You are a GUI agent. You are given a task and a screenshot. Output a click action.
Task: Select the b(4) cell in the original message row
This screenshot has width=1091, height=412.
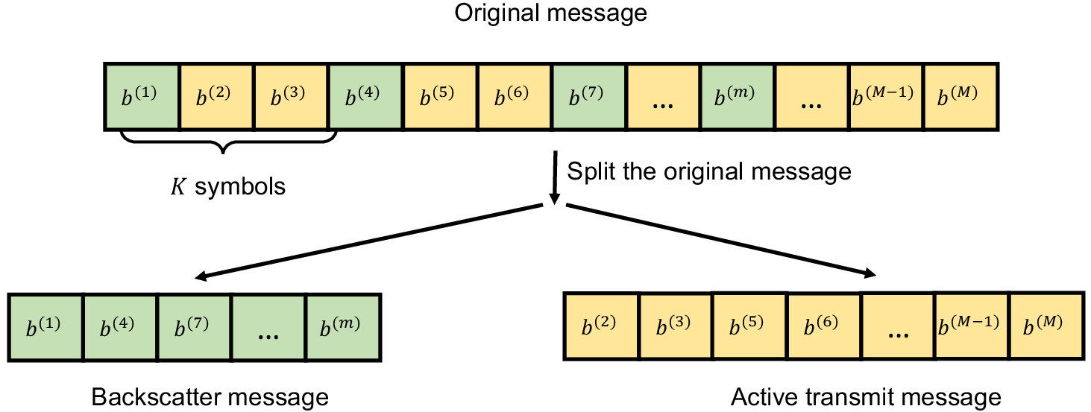point(365,97)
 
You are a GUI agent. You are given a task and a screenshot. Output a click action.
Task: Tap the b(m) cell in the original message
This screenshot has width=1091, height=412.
point(738,97)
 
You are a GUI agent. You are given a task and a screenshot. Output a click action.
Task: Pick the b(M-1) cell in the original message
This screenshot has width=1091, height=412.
point(886,97)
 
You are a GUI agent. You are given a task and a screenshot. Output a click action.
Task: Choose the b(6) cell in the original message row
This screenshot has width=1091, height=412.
point(515,97)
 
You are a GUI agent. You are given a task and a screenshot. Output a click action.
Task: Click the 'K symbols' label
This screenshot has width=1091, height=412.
point(228,186)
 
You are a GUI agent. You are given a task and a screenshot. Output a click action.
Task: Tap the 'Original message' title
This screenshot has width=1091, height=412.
point(550,13)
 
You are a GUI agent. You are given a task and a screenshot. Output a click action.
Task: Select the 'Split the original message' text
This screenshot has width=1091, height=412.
point(709,171)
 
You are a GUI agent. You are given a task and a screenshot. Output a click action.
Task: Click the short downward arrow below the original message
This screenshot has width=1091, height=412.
point(555,177)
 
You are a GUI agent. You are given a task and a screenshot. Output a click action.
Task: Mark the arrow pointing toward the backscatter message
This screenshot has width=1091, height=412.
point(368,242)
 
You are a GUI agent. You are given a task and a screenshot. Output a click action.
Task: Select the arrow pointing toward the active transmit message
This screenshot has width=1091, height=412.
point(721,241)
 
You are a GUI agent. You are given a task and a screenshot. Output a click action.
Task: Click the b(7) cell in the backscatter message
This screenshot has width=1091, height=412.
point(195,327)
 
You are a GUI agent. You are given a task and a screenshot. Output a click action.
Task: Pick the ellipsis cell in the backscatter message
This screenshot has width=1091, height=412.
point(269,327)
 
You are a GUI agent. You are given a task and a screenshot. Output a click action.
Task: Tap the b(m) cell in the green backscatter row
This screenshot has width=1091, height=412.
point(343,327)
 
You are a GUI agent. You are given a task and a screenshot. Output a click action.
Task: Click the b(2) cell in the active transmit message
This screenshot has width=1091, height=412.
point(601,326)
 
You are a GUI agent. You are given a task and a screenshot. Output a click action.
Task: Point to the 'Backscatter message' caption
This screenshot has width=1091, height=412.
point(210,397)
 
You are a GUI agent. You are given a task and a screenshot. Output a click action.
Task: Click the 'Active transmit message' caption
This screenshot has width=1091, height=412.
point(866,397)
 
